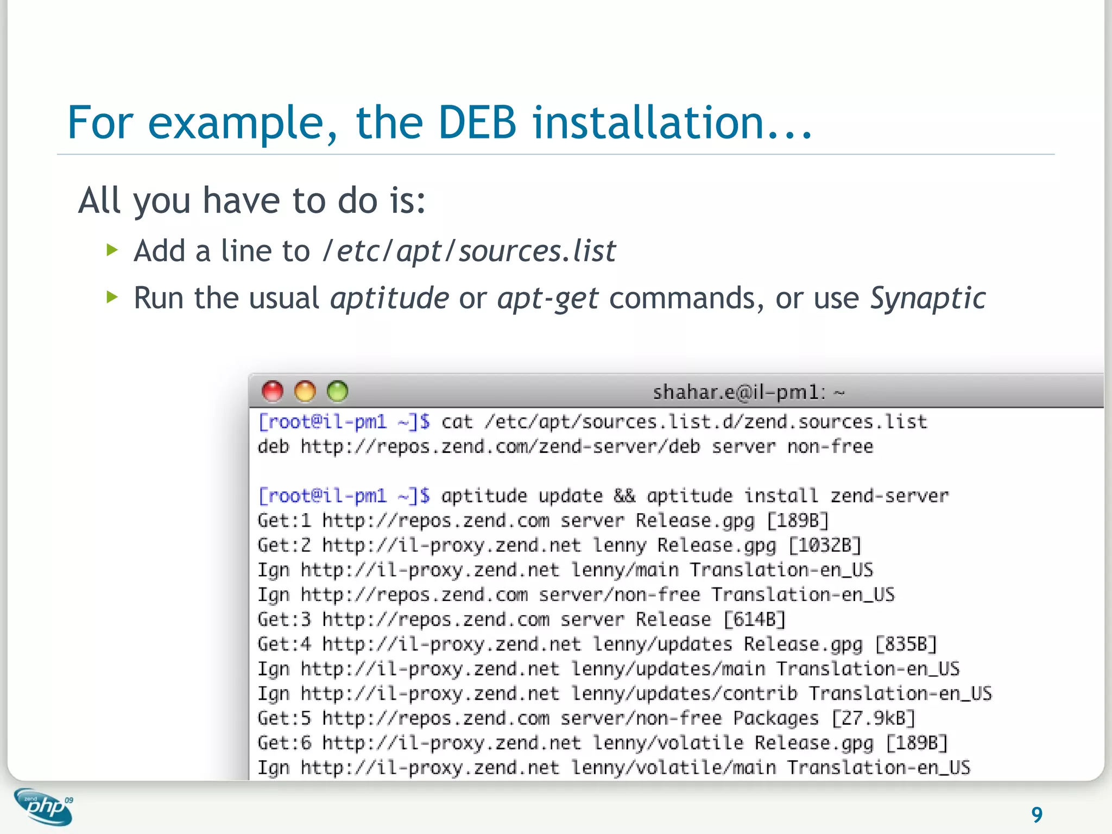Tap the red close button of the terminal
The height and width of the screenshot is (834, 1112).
273,391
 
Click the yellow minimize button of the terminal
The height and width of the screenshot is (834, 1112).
305,391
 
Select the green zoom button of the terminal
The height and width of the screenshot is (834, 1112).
338,391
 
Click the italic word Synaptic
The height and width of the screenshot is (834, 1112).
927,299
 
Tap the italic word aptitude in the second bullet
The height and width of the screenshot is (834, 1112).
389,299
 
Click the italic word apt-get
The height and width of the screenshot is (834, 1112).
547,299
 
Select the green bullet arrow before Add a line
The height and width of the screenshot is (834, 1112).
112,250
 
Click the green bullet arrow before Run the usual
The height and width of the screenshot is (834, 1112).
112,297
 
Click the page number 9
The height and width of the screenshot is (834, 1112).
1037,814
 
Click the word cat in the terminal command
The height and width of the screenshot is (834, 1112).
457,422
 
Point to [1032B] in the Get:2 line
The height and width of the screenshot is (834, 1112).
824,545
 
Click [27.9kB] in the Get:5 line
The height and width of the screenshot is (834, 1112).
873,718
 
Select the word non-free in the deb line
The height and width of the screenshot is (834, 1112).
830,447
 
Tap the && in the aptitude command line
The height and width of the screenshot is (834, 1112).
624,496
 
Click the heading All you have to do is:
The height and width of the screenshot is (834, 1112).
252,201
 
